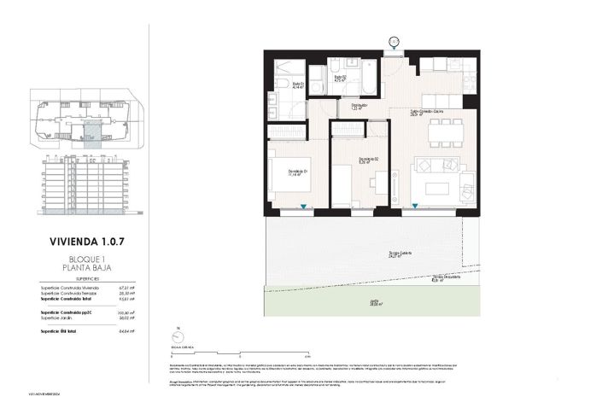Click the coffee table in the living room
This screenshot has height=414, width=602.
click(439, 188)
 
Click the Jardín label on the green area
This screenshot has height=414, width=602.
click(375, 300)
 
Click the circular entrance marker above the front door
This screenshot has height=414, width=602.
click(394, 40)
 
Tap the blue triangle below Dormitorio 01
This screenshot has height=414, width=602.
click(306, 207)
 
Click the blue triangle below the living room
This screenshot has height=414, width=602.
click(416, 207)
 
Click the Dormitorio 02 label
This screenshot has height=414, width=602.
click(368, 160)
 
